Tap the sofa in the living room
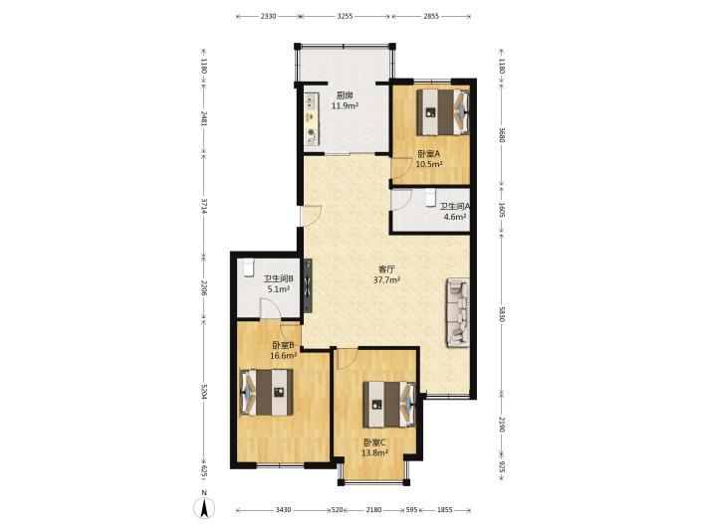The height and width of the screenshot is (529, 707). pos(458,313)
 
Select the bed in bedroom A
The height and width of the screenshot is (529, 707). pos(443,112)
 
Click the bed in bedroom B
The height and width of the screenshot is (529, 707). pos(267,392)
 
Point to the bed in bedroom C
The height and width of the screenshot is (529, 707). pos(389,405)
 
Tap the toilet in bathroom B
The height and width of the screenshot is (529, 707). pos(248,267)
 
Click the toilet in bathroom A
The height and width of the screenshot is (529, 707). pos(430,197)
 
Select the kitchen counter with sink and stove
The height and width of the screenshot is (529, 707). pos(311,119)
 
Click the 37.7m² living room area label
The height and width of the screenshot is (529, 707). pos(387,280)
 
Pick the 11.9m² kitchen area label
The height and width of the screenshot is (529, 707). pos(345,106)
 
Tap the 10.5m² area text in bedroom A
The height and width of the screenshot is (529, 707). pos(429,164)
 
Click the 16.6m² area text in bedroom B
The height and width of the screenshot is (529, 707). pos(283,356)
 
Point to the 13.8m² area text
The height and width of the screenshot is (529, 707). pos(375,453)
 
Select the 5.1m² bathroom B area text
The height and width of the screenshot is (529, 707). pos(278,289)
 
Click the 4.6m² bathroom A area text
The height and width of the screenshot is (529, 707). pos(455,217)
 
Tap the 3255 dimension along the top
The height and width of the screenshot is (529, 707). pos(345,16)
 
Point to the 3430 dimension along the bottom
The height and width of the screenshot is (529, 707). pos(283,510)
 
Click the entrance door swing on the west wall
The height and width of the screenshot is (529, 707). pos(312,216)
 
